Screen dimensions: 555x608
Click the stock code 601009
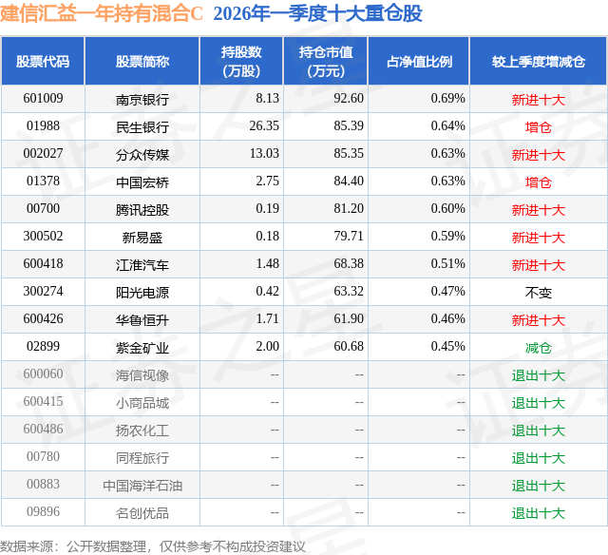[x=43, y=98]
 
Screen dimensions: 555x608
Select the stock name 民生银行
[x=142, y=125]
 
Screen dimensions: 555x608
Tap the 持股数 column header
[x=240, y=62]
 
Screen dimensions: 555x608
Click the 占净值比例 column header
[x=419, y=62]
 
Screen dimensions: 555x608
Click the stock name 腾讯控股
[x=142, y=209]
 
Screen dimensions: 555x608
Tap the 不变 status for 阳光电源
[x=538, y=292]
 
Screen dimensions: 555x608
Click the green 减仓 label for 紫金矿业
[x=538, y=347]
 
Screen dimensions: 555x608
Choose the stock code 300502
[x=43, y=237]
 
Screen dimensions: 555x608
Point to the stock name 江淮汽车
[x=142, y=264]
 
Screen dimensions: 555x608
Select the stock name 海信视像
[x=142, y=374]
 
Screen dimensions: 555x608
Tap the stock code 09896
[x=43, y=513]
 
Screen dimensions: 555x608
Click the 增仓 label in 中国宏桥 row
[x=538, y=182]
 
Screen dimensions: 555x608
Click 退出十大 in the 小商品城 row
[x=538, y=402]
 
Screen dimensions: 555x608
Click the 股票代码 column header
[x=43, y=62]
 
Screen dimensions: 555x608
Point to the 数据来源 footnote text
[x=153, y=545]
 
